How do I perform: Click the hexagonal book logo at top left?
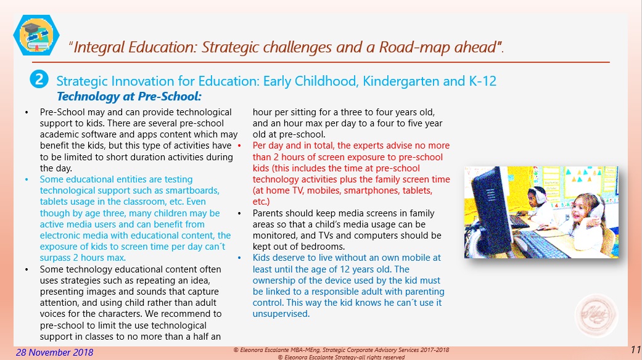tap(36, 35)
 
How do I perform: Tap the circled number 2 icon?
tap(39, 80)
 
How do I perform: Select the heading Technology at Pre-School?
tap(130, 97)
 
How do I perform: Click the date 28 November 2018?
tap(55, 353)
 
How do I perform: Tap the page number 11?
tap(636, 350)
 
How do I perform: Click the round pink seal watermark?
tap(596, 316)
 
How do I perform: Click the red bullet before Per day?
tap(239, 146)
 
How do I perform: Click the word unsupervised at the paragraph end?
tap(281, 314)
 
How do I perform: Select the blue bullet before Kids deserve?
tap(239, 258)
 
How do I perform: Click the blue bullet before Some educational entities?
tap(27, 179)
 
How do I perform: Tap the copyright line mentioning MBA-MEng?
tap(341, 350)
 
